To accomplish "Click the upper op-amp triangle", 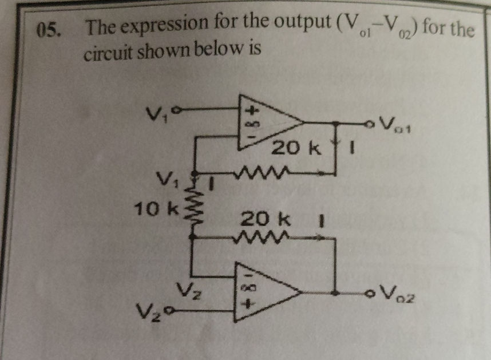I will pos(269,121).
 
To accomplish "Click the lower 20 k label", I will pos(265,219).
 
